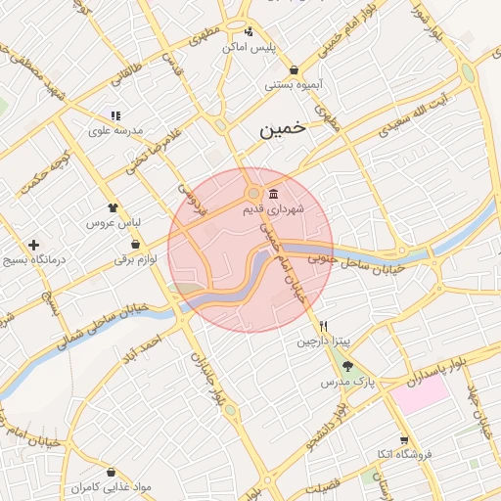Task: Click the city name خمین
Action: coord(283,128)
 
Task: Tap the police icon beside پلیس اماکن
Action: coord(249,30)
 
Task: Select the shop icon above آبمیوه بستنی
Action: coord(295,69)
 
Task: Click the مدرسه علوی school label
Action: coord(116,130)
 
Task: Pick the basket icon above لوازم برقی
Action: coord(135,245)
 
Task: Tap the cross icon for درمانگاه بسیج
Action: coord(34,245)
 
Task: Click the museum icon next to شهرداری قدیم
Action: coord(273,193)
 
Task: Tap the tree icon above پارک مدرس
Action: coord(347,368)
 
